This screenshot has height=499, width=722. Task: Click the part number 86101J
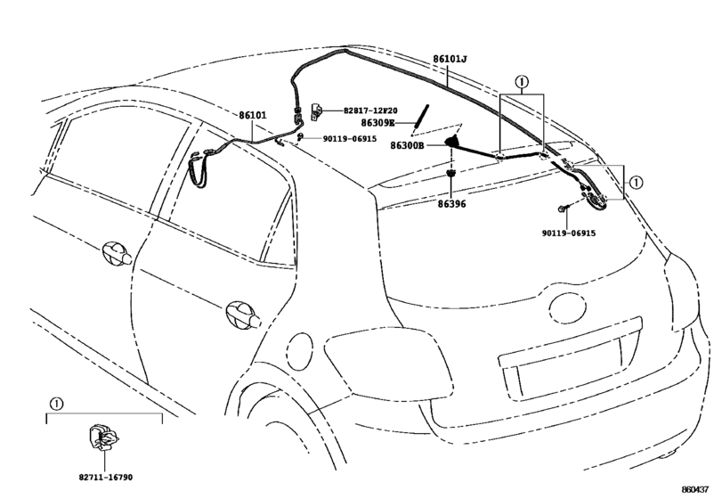(x=450, y=60)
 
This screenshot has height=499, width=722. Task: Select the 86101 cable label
(x=252, y=115)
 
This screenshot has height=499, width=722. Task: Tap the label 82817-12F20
(x=370, y=110)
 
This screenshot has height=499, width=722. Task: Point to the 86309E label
(x=377, y=123)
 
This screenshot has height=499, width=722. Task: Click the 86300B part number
(x=407, y=145)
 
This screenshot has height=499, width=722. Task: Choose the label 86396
(x=451, y=204)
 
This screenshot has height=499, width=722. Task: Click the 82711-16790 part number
(x=105, y=478)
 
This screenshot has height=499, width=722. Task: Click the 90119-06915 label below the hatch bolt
(x=569, y=233)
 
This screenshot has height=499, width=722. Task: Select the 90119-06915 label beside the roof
(x=350, y=139)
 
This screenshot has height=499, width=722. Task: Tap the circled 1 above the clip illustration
(x=56, y=404)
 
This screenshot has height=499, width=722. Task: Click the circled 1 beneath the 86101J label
(x=522, y=83)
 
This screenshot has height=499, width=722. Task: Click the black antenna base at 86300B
(x=453, y=141)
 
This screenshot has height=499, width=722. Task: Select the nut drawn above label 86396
(x=451, y=173)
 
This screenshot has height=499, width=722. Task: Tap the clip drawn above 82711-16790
(x=103, y=437)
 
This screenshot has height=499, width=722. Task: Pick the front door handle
(x=117, y=253)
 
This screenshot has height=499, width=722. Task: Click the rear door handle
(x=243, y=315)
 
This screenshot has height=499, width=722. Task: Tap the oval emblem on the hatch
(x=567, y=307)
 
